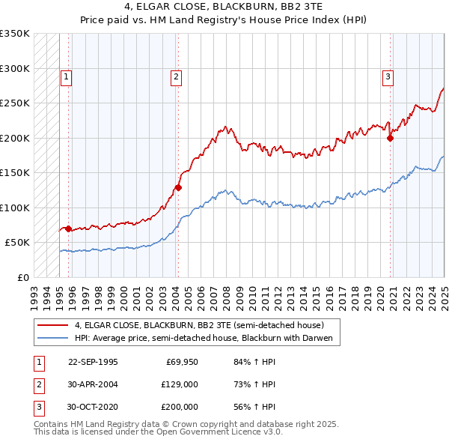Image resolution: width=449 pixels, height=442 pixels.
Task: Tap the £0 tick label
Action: (22, 277)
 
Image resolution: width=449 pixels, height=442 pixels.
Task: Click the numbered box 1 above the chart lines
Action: (67, 76)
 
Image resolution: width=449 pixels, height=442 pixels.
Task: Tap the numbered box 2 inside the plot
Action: (175, 76)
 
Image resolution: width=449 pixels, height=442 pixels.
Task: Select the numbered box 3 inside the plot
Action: (388, 76)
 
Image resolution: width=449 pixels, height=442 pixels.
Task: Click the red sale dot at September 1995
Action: (69, 228)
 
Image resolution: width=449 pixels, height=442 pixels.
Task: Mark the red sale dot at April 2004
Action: (178, 187)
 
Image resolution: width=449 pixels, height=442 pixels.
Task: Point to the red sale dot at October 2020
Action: (391, 138)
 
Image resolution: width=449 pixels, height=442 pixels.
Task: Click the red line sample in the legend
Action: (52, 326)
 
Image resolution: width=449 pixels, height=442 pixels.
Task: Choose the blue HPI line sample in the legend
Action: (52, 338)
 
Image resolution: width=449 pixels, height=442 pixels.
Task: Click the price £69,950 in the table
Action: (182, 362)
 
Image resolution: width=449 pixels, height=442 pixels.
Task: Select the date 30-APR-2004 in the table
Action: (93, 384)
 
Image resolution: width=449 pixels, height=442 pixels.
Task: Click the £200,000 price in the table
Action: (179, 407)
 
